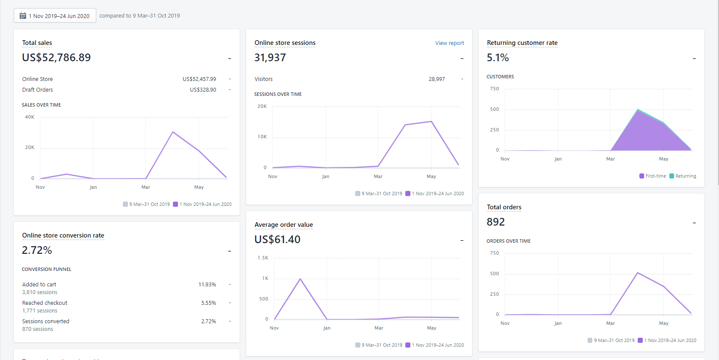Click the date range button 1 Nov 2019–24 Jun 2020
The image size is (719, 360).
[x=55, y=16]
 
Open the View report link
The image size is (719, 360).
[x=449, y=43]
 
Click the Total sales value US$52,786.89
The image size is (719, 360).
[x=56, y=58]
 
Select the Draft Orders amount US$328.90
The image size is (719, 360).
[x=203, y=90]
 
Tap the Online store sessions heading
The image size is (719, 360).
[x=285, y=43]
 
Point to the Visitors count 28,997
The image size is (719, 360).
[x=437, y=79]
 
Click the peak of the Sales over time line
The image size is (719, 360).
[x=173, y=132]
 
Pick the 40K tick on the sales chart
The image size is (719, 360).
[x=30, y=117]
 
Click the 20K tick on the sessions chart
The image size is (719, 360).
[x=262, y=107]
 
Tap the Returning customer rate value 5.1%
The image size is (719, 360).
[x=498, y=58]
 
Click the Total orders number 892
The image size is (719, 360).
[x=496, y=222]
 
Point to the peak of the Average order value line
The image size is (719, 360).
[x=300, y=279]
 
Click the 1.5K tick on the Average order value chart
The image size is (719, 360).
[x=263, y=258]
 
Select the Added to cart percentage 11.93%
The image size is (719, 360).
[x=207, y=285]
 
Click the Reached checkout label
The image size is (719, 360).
[x=45, y=303]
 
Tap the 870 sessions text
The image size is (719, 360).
[x=38, y=329]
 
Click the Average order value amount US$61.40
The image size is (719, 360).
[x=277, y=240]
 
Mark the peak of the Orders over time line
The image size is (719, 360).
[x=638, y=273]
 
